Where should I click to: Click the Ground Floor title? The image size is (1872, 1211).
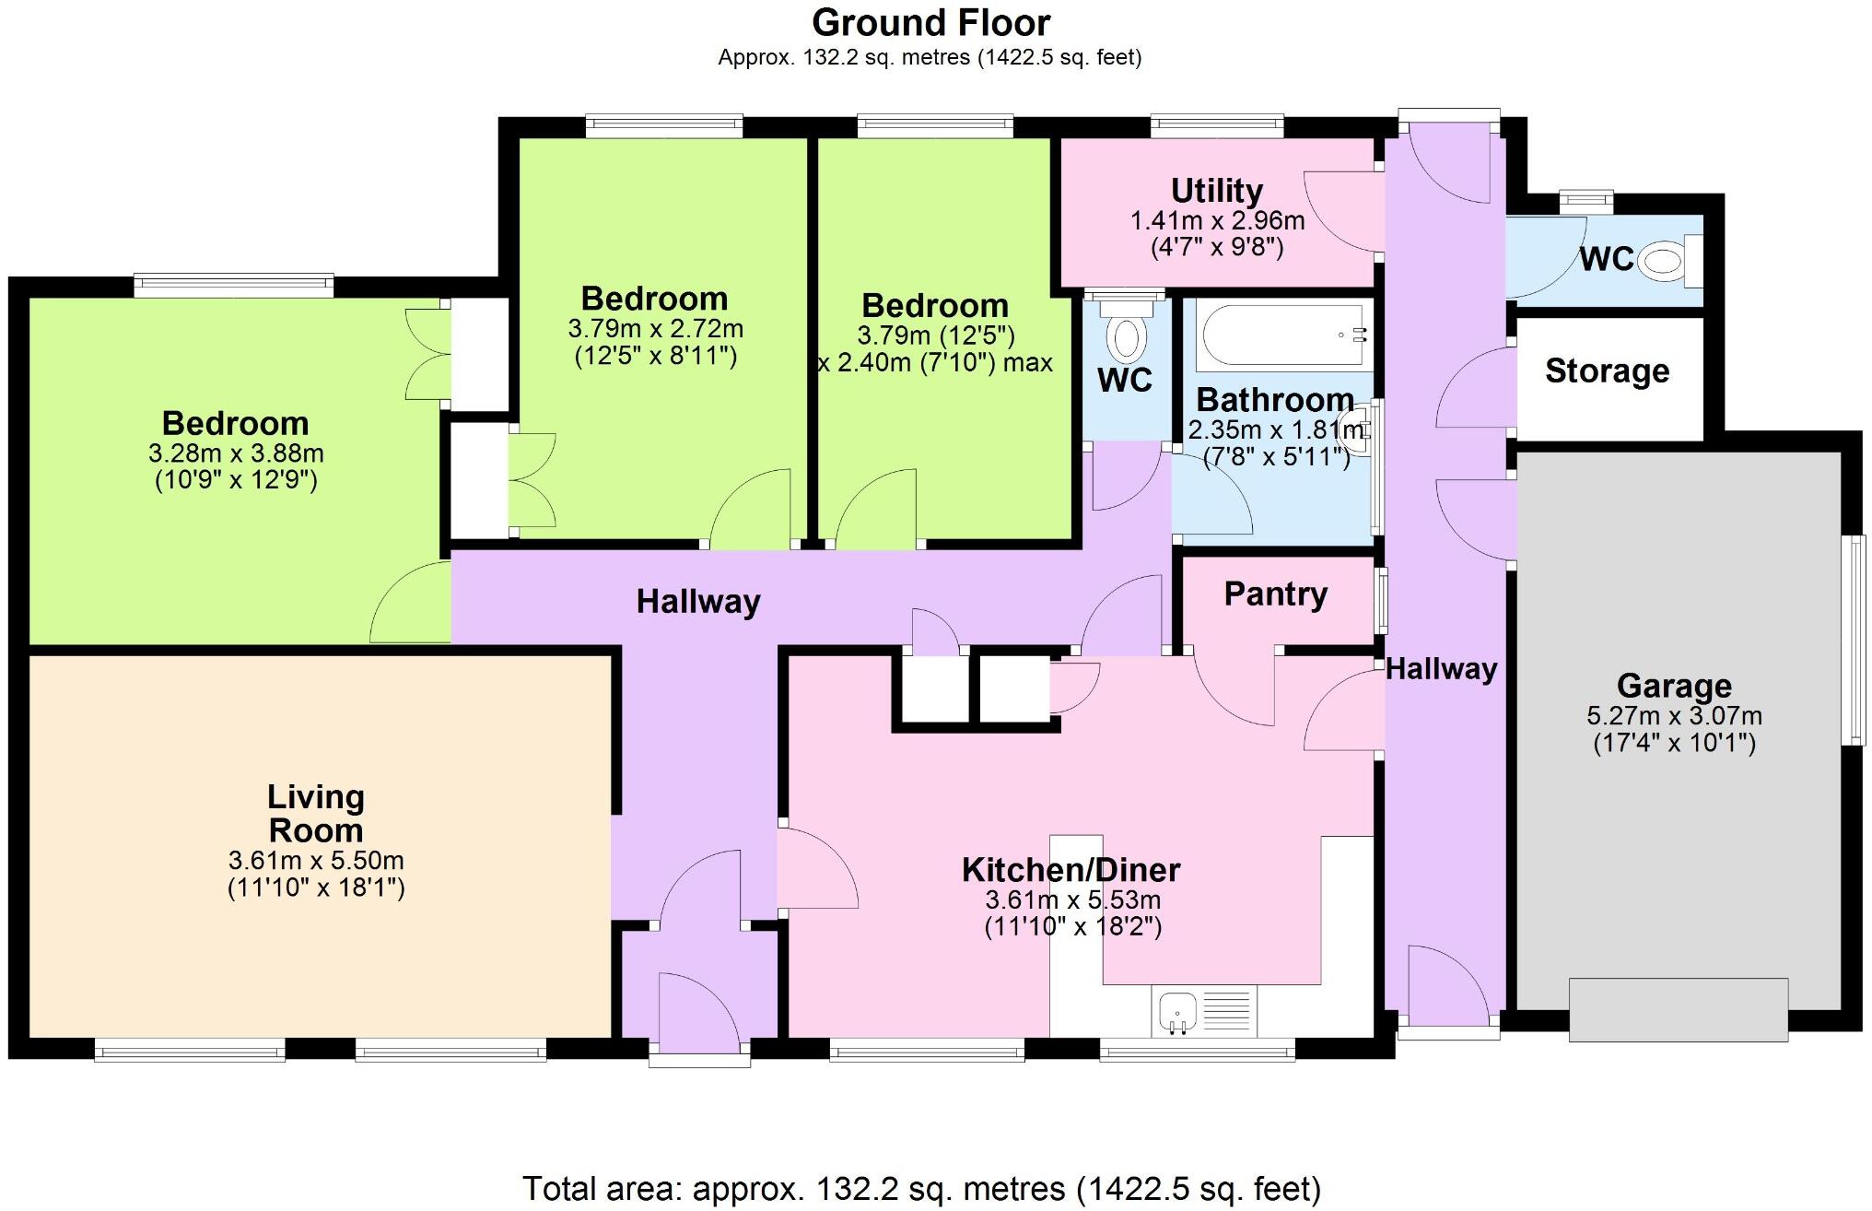[930, 22]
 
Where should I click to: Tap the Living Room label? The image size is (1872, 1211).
[315, 813]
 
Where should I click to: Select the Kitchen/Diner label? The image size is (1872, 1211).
[1071, 869]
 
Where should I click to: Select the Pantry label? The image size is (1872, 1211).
[1275, 594]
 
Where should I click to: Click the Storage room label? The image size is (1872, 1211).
[1607, 370]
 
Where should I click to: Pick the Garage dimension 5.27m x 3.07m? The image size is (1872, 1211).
[1674, 715]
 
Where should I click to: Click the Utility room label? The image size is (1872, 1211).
[1216, 191]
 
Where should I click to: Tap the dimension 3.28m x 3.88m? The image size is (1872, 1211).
[236, 453]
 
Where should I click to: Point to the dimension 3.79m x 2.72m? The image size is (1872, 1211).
[655, 328]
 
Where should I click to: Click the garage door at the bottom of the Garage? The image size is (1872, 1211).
[1679, 1009]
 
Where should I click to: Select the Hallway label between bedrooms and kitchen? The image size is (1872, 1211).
[698, 602]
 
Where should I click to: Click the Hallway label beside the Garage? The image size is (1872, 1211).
[1441, 668]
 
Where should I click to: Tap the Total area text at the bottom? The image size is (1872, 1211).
[921, 1188]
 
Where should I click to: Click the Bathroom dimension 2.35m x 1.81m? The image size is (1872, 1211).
[1275, 429]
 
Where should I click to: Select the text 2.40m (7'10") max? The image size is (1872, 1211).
[936, 363]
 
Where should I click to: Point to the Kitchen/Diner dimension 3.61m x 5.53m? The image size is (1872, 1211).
[1072, 899]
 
